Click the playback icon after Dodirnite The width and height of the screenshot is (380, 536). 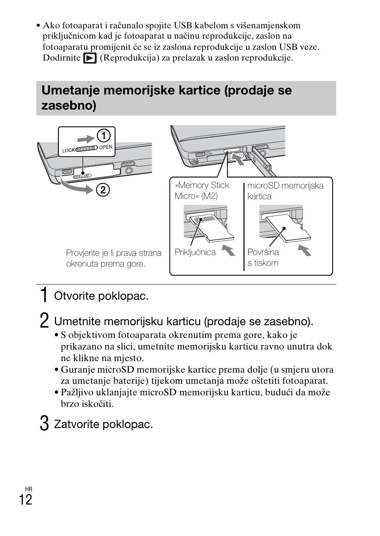[90, 58]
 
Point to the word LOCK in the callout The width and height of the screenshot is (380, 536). [69, 150]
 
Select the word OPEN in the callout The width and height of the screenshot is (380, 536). [106, 147]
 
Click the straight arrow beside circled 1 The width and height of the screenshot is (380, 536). [86, 138]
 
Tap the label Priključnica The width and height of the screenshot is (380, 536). [195, 252]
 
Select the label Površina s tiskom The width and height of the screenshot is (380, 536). [263, 257]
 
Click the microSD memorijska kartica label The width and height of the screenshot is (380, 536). [285, 191]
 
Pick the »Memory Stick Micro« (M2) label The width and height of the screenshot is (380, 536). [202, 190]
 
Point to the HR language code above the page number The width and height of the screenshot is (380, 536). [28, 489]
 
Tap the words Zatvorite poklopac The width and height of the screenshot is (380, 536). [104, 424]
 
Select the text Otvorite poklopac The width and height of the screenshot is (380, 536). [101, 296]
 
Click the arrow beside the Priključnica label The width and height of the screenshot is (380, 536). [228, 251]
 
